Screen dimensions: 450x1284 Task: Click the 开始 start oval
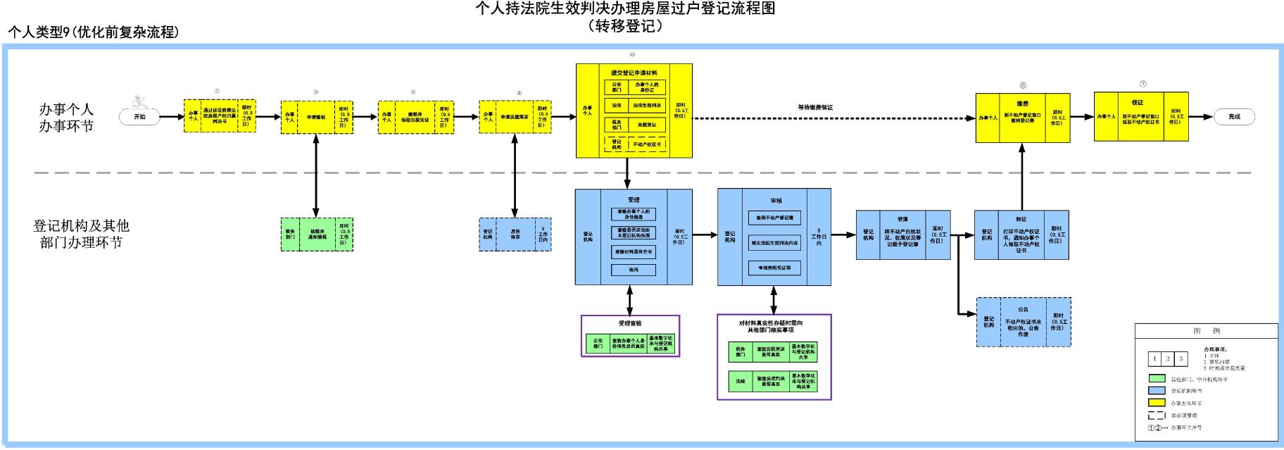point(140,117)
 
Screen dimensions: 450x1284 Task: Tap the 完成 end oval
point(1234,117)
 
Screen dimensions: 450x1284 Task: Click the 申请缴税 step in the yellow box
point(316,117)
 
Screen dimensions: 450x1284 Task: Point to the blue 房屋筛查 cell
point(515,235)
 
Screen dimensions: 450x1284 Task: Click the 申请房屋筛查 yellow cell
point(515,117)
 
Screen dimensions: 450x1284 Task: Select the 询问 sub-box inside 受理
point(634,270)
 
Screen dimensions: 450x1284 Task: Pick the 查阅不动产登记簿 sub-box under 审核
point(774,218)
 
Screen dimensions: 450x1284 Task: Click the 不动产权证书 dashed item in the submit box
point(647,144)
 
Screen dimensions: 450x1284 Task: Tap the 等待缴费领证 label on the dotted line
point(815,108)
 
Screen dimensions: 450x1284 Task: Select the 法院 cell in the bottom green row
point(741,381)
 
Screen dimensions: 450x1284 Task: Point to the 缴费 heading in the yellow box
point(1023,104)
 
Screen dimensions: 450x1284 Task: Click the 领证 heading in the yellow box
point(1138,102)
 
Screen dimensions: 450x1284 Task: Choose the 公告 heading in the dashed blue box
point(1023,309)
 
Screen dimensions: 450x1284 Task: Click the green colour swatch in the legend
point(1157,379)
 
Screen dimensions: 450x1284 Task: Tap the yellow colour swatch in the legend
point(1157,403)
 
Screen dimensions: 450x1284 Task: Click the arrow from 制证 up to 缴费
point(1021,176)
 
